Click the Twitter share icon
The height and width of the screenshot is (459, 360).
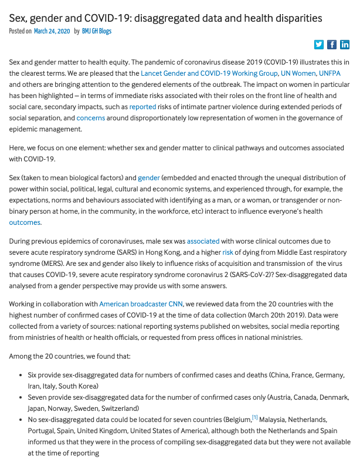(x=319, y=45)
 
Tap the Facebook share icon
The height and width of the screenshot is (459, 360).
(x=332, y=45)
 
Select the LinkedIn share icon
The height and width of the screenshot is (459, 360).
(x=345, y=45)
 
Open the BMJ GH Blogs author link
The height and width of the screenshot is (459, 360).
(x=97, y=31)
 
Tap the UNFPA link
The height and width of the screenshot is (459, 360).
(x=334, y=73)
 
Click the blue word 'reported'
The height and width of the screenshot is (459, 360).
(x=143, y=107)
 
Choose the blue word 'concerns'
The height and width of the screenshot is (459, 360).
(x=91, y=118)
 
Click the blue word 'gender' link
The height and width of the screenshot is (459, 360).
(x=149, y=177)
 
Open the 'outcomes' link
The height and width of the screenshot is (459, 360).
(x=25, y=222)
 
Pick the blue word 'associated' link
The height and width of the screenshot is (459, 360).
(x=203, y=241)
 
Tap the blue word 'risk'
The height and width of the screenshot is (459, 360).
(x=227, y=252)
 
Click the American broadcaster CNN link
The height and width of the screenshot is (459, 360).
(x=141, y=304)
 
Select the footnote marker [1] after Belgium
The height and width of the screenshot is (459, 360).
(x=255, y=418)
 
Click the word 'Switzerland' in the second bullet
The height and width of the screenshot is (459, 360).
(x=117, y=409)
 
